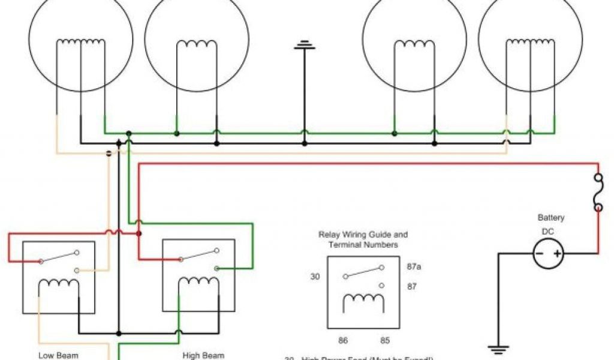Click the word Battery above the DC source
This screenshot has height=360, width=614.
550,218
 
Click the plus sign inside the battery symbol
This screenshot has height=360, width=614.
558,254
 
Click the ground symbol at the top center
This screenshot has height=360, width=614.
305,45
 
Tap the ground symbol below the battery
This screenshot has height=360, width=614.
497,348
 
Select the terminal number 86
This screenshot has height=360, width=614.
343,340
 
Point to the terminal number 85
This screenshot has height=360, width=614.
385,340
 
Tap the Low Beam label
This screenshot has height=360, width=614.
58,355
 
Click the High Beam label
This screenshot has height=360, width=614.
203,355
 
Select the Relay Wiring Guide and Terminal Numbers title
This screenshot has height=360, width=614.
363,239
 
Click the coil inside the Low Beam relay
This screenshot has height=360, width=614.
58,286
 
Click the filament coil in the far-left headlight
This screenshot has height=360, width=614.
80,44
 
